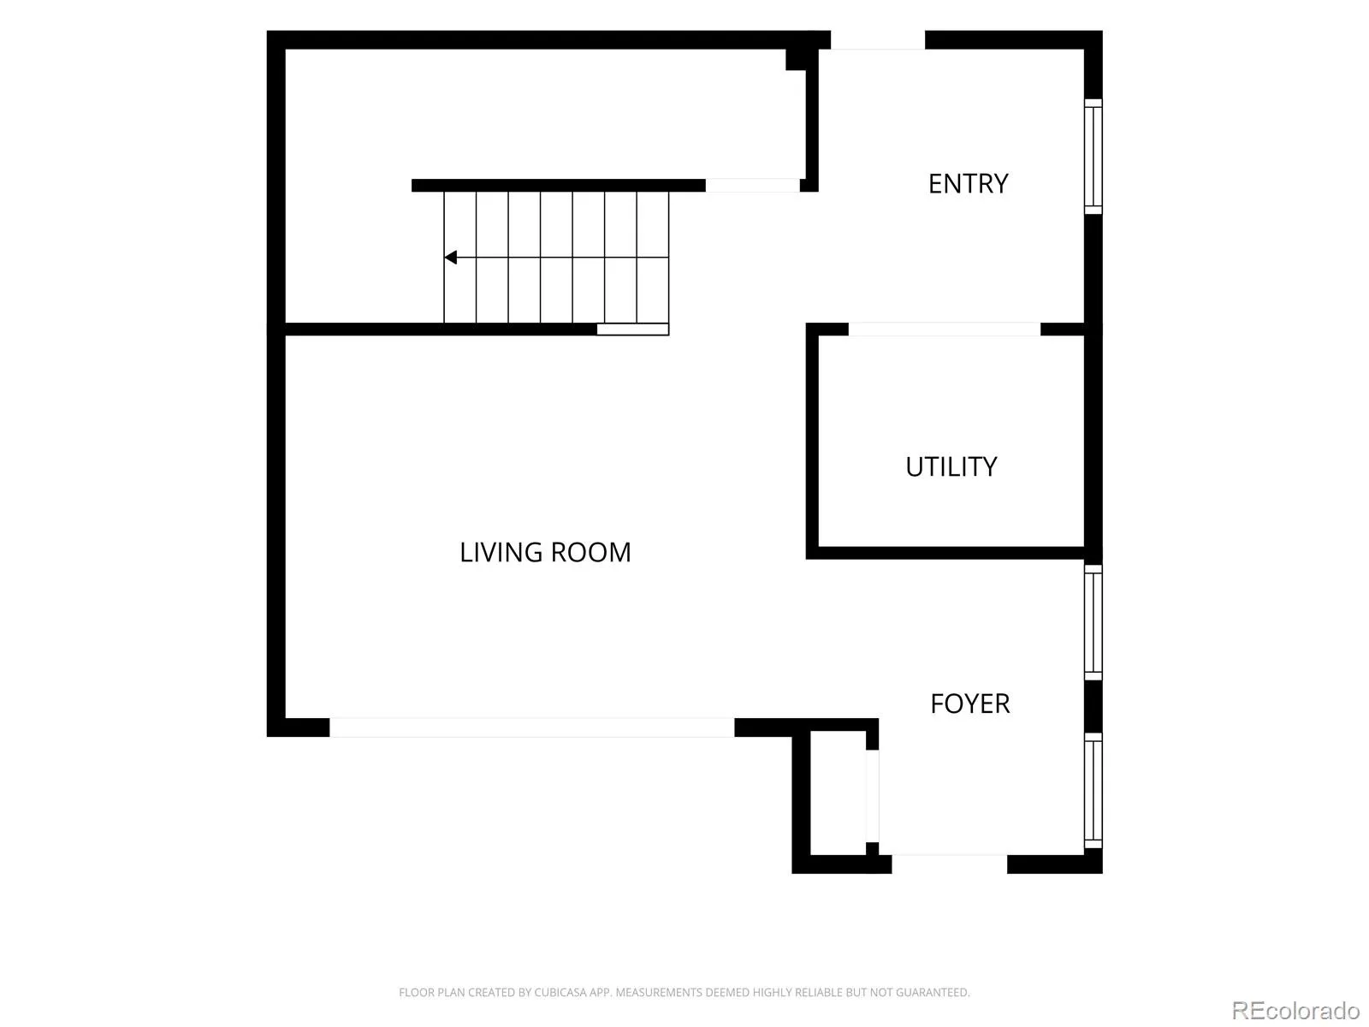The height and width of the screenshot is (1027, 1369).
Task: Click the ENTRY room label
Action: [968, 183]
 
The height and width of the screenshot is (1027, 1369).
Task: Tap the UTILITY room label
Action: [951, 466]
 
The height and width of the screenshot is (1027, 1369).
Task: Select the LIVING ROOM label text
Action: [545, 553]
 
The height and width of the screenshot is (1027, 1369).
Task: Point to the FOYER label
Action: [969, 703]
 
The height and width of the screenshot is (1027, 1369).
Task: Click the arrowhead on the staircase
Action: [450, 257]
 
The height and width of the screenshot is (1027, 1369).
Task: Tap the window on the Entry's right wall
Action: [1093, 157]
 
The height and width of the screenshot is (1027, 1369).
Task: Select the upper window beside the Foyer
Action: [1093, 622]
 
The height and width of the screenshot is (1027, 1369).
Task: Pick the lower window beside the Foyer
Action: [1093, 790]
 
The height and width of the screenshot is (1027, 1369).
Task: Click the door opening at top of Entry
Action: [878, 40]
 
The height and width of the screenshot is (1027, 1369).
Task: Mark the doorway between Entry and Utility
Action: [945, 329]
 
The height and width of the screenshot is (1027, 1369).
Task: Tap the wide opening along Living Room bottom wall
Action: [532, 727]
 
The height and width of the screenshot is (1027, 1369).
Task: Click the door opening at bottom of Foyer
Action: [949, 864]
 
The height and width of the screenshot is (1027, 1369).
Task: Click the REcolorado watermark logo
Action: [1296, 1010]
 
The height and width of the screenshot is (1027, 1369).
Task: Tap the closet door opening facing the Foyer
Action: [873, 796]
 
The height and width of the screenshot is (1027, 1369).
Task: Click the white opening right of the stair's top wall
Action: [752, 185]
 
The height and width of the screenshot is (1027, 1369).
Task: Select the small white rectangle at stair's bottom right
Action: [633, 329]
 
